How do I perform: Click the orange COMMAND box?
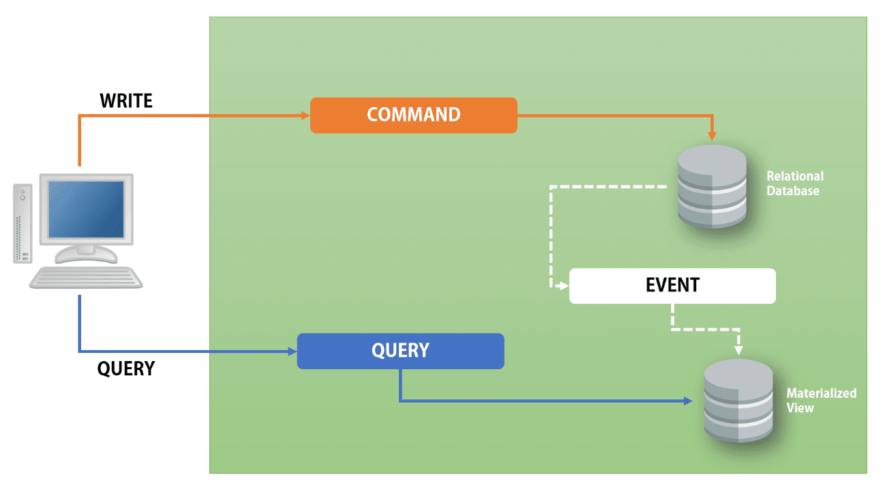tap(413, 115)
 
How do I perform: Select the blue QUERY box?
tap(400, 351)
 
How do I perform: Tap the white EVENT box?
tap(672, 285)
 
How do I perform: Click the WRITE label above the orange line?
tap(126, 101)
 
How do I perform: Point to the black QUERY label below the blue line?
tap(126, 369)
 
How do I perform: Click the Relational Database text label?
tap(794, 184)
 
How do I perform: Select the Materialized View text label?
tap(820, 401)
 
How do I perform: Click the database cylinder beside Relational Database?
tap(712, 186)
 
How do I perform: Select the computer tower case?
tap(22, 223)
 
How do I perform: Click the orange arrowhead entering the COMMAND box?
tap(306, 115)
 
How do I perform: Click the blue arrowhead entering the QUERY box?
tap(292, 352)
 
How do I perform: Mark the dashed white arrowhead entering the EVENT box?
tap(563, 286)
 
